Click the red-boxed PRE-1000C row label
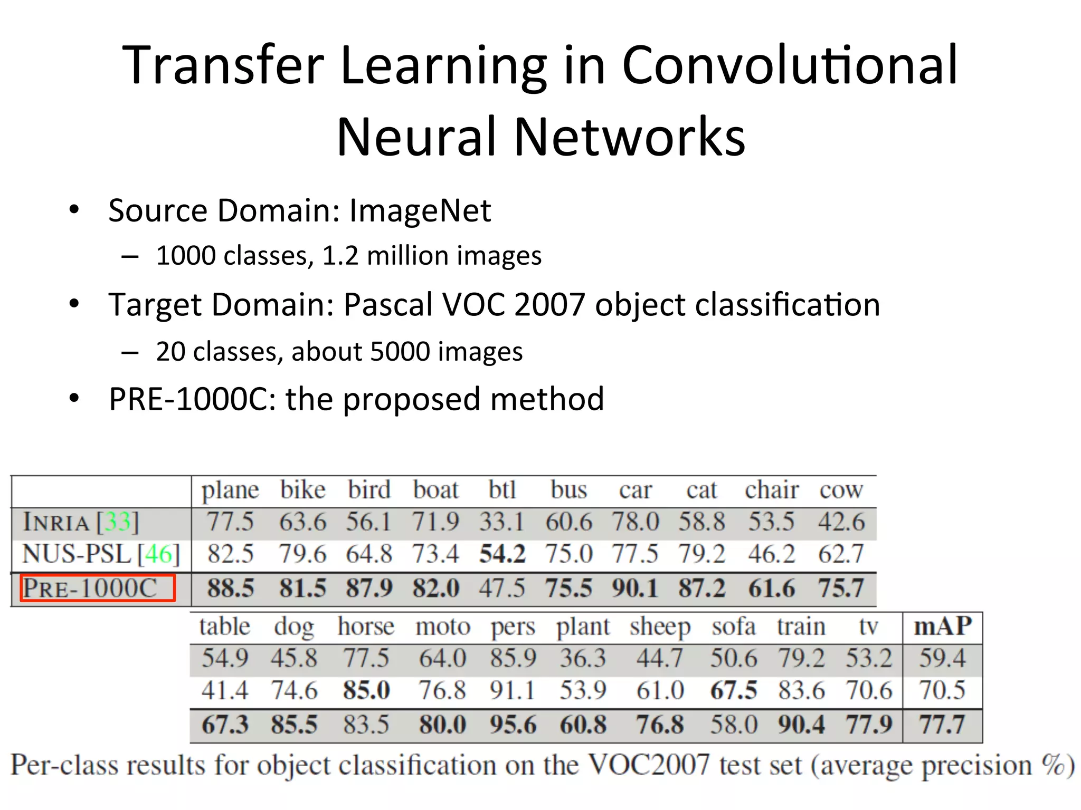pos(98,588)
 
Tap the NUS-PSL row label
pos(77,554)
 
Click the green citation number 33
pos(117,522)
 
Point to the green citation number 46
pos(158,554)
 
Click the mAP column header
pos(943,626)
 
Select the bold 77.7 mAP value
pos(943,724)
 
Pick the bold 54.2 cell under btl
pos(502,554)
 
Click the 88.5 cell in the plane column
pos(231,588)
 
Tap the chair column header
pos(772,490)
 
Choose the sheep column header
pos(660,626)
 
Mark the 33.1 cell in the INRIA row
pos(501,522)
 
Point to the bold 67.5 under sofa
pos(734,691)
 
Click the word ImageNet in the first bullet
pos(420,210)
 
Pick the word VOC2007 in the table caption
pos(649,765)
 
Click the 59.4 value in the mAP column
pos(943,658)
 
